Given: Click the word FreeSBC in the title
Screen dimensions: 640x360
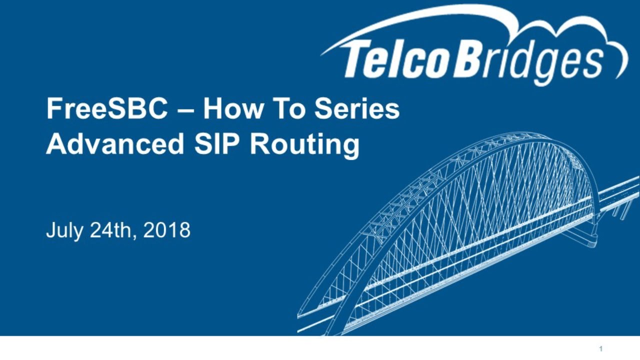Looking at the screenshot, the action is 107,109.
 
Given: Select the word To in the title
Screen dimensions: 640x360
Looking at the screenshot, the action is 288,109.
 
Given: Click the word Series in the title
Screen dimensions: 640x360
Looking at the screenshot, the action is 357,109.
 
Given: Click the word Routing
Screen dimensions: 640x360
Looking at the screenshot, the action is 304,145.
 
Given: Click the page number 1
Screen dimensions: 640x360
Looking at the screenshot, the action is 601,349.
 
